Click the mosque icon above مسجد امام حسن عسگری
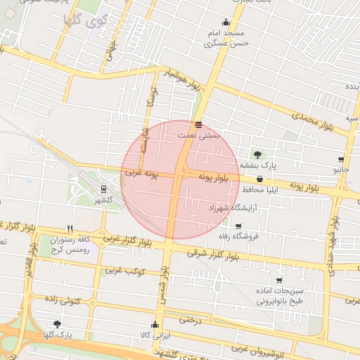226,22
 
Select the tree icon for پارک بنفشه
257,154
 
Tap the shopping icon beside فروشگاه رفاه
238,226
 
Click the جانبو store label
342,170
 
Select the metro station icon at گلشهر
104,188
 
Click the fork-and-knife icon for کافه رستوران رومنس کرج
70,229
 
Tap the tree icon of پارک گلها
57,324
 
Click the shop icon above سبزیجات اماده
279,281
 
